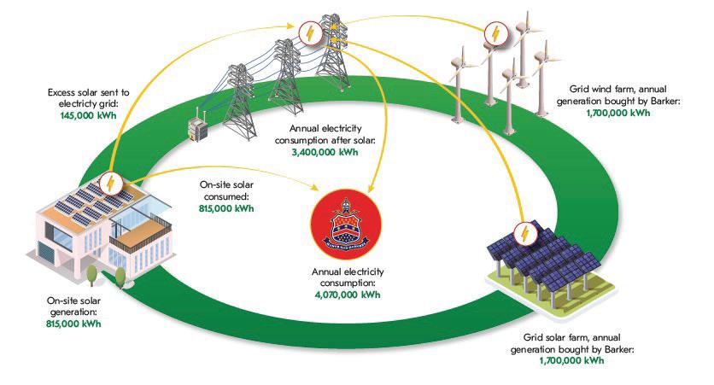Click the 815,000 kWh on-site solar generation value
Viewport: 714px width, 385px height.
[74, 324]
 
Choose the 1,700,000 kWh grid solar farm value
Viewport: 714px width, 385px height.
[571, 361]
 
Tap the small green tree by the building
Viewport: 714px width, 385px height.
[90, 273]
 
